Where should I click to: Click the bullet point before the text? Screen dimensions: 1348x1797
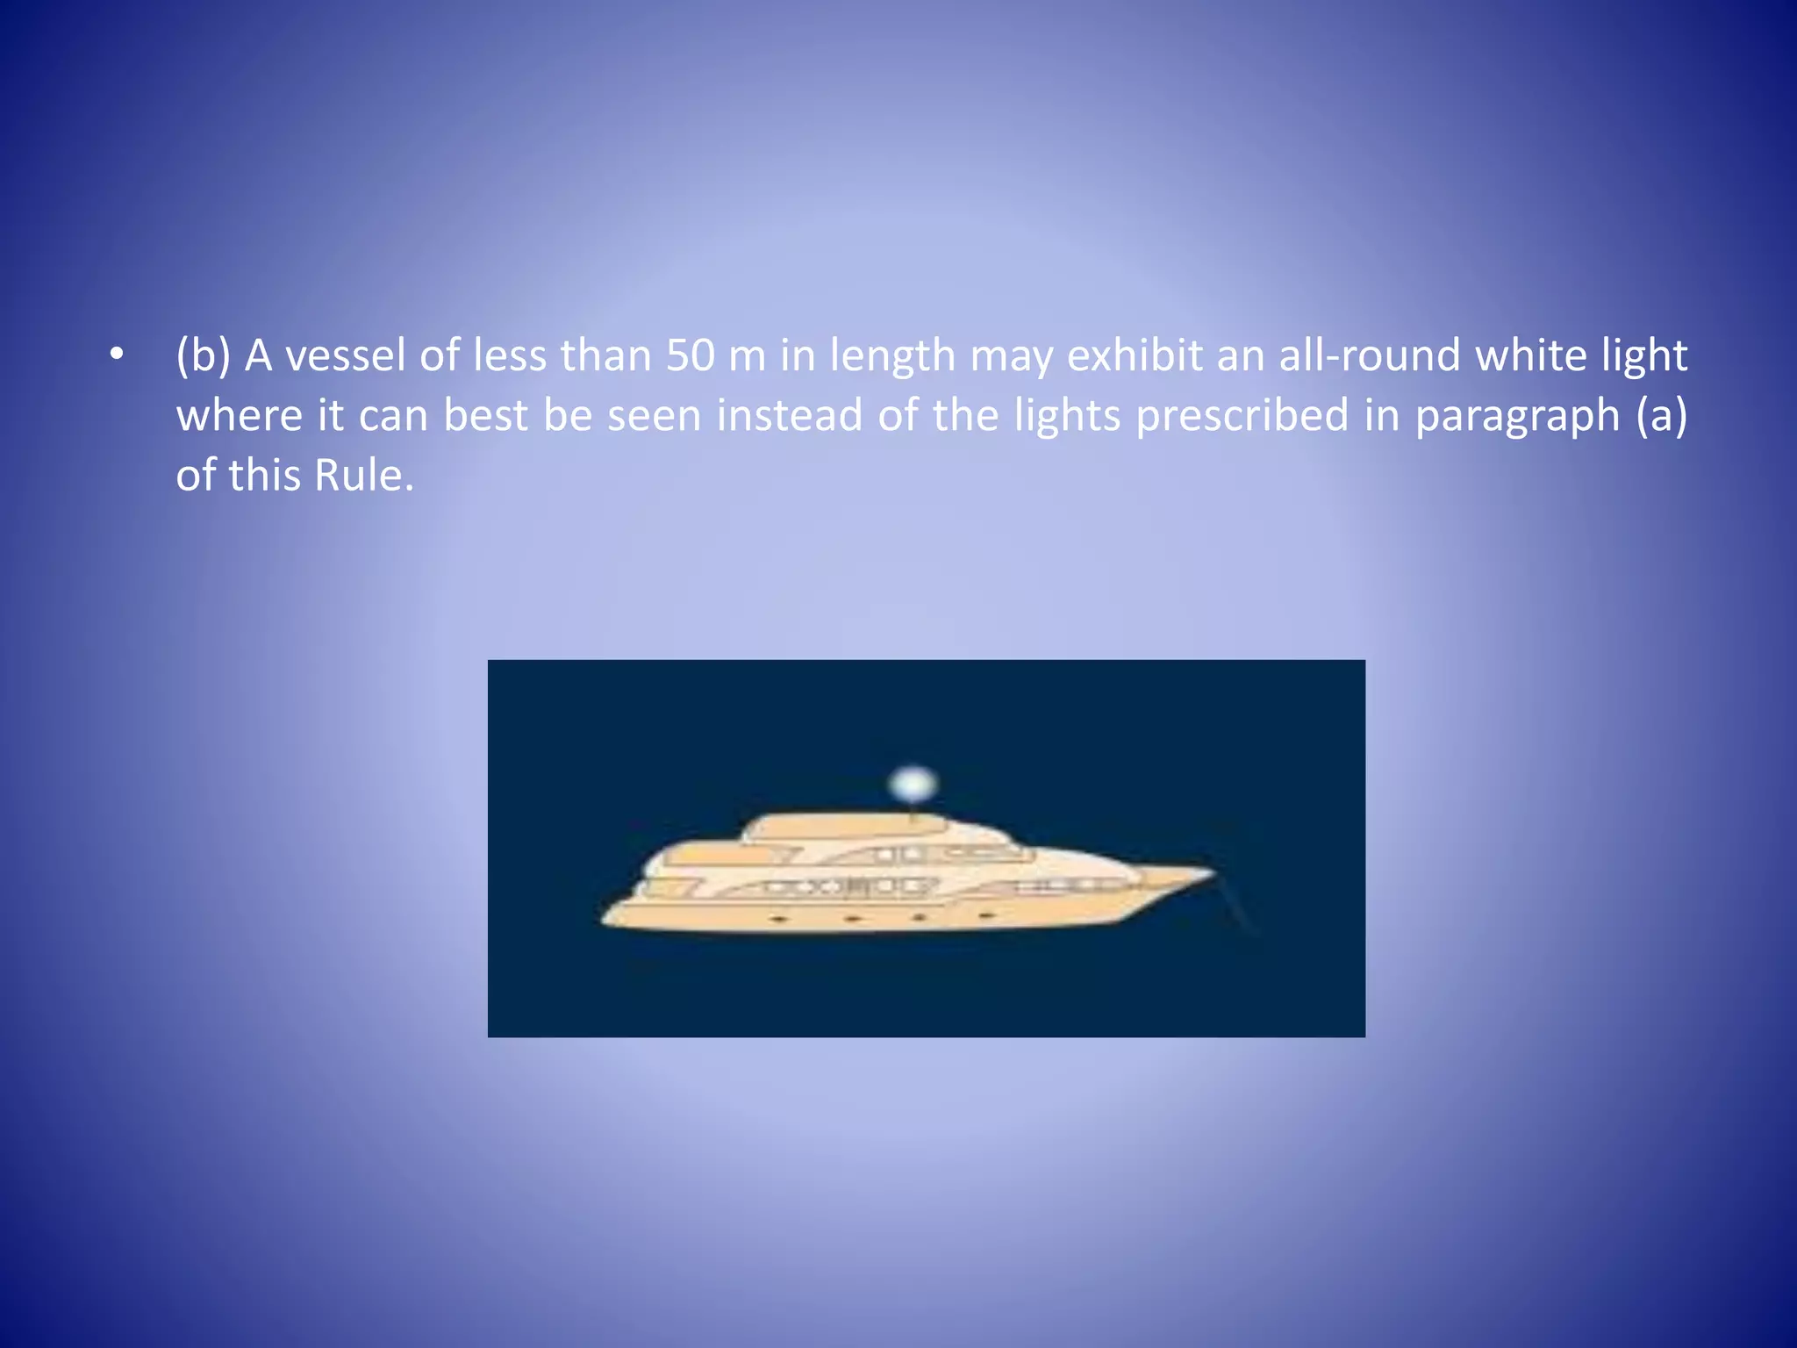(117, 355)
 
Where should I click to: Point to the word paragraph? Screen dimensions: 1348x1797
(1517, 417)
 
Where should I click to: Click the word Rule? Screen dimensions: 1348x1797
(363, 476)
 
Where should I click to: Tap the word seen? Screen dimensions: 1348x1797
(655, 416)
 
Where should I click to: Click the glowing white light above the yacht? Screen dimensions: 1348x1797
(913, 783)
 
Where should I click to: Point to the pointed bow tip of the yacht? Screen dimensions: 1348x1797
(1212, 872)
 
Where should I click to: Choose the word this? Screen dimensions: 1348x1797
(264, 476)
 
